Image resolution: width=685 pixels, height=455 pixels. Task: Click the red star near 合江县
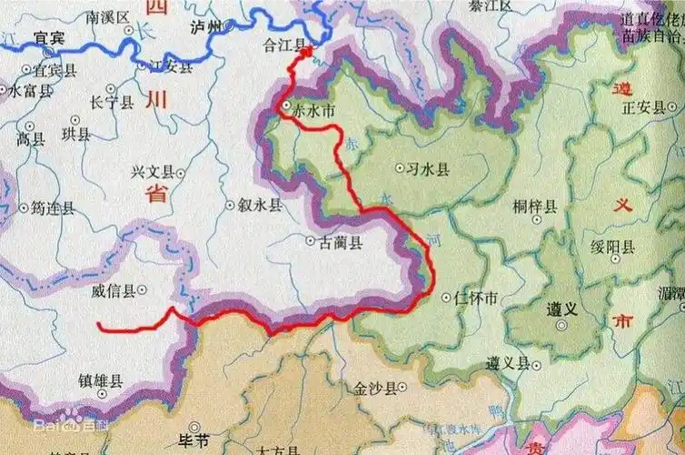coord(306,52)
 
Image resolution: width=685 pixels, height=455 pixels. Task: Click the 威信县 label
coord(115,290)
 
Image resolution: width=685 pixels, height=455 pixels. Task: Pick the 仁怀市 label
coord(476,298)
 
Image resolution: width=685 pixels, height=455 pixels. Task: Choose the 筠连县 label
coord(54,207)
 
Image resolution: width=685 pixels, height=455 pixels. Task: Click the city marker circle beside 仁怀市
coord(444,297)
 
